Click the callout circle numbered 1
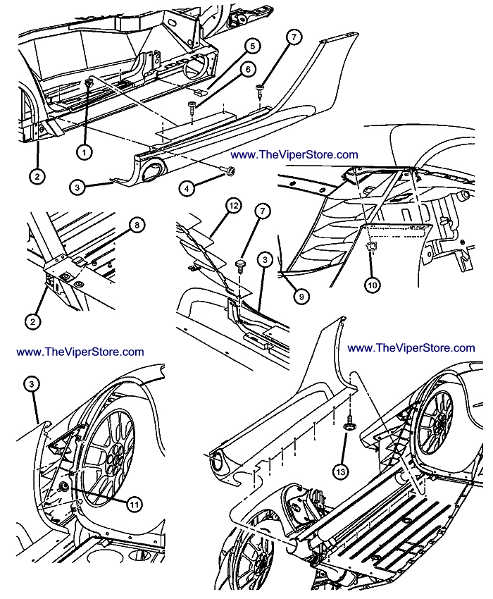85,151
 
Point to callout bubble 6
247,69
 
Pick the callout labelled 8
138,226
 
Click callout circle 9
301,297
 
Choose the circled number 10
371,285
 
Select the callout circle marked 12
233,206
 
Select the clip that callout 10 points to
370,247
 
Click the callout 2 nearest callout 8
32,322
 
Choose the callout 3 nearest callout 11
32,384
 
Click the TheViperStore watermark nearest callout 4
294,154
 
